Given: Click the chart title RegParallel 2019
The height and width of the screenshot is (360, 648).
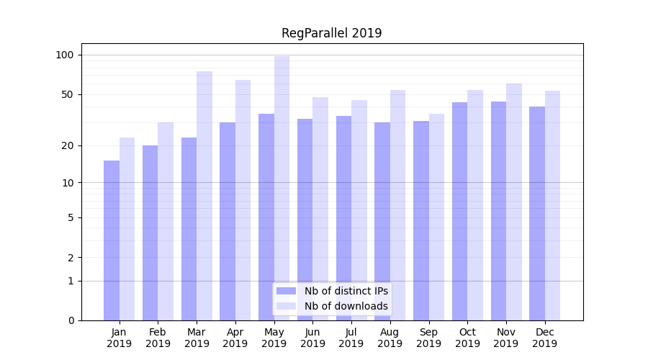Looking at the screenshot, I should (331, 33).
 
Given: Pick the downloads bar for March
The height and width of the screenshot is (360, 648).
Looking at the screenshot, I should (204, 195).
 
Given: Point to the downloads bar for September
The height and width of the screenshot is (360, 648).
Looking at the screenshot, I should (436, 217).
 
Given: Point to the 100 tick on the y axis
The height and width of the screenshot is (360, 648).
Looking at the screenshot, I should (65, 55).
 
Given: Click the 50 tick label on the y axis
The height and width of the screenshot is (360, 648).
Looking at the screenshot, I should (67, 94).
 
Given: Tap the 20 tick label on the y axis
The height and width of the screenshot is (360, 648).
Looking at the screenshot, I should (67, 145).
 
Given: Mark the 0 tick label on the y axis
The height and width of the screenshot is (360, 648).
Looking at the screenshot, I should (70, 320).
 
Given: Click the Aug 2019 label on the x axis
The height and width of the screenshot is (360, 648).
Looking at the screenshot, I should (390, 338).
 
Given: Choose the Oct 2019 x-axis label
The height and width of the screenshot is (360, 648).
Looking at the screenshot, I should (467, 338).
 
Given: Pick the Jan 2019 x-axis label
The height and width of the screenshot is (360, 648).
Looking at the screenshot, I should (120, 338).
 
